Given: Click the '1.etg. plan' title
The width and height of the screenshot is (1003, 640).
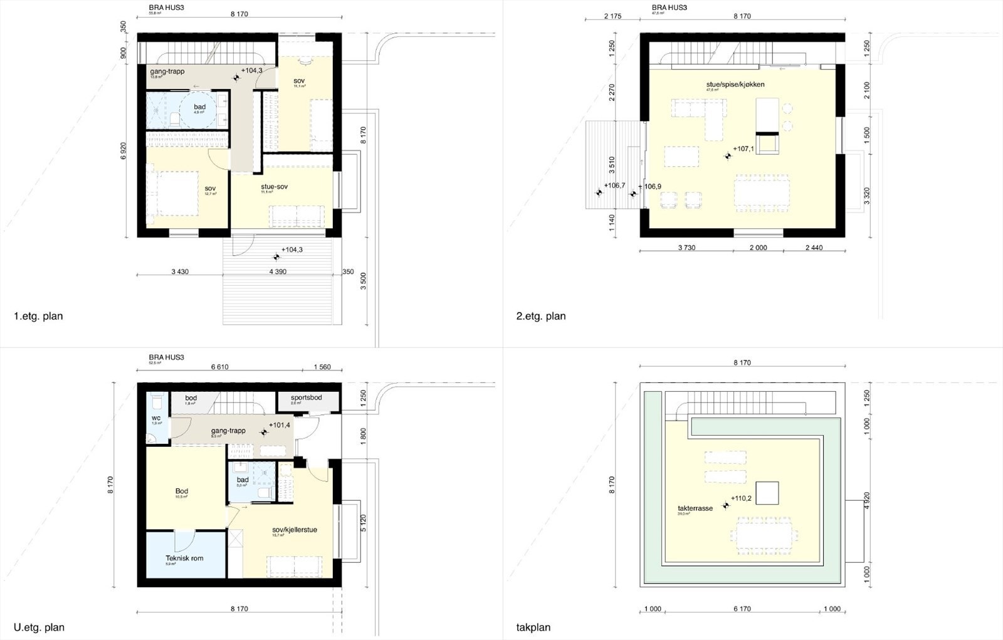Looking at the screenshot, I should pyautogui.click(x=38, y=316).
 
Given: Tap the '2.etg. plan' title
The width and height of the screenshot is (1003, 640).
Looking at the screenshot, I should pyautogui.click(x=540, y=316).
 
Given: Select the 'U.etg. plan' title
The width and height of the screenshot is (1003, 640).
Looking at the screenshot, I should pyautogui.click(x=39, y=627).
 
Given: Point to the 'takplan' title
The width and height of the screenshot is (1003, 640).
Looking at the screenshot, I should pyautogui.click(x=533, y=627).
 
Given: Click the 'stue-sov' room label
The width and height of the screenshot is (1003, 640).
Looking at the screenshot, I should pyautogui.click(x=275, y=187).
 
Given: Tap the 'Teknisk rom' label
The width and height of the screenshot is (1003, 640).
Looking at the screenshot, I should pyautogui.click(x=184, y=558).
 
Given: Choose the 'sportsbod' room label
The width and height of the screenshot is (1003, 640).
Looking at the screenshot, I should pyautogui.click(x=307, y=398).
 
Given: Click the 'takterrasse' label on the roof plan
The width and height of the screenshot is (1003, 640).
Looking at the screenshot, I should pyautogui.click(x=695, y=508).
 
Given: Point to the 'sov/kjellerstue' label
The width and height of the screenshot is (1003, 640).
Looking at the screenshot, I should pyautogui.click(x=294, y=530).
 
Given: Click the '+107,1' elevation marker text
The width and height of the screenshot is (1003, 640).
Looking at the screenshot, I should pyautogui.click(x=744, y=150).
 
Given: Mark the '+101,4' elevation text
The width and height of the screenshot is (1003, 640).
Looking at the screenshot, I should pyautogui.click(x=279, y=425).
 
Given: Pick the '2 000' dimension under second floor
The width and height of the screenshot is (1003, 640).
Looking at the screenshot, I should pyautogui.click(x=758, y=248).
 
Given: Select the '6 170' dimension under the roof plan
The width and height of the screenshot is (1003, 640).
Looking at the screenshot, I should pyautogui.click(x=742, y=609).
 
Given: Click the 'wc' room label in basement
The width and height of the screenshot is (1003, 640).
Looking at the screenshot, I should pyautogui.click(x=156, y=418).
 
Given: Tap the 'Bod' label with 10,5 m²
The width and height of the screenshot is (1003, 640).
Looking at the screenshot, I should pyautogui.click(x=182, y=491).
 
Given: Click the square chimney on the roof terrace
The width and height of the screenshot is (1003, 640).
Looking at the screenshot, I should pyautogui.click(x=767, y=492).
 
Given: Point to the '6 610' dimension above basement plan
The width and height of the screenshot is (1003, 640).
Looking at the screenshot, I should pyautogui.click(x=219, y=367).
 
